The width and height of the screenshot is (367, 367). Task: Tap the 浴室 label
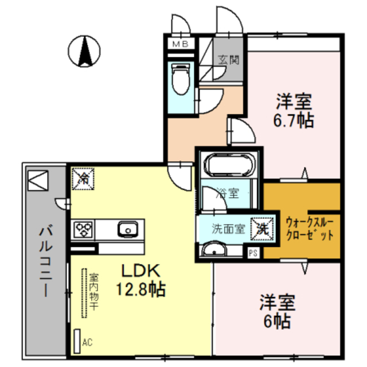228,193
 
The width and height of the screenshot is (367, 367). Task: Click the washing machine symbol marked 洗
262,228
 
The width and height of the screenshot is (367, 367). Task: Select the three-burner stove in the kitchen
83,229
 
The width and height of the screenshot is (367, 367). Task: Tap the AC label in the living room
87,342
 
